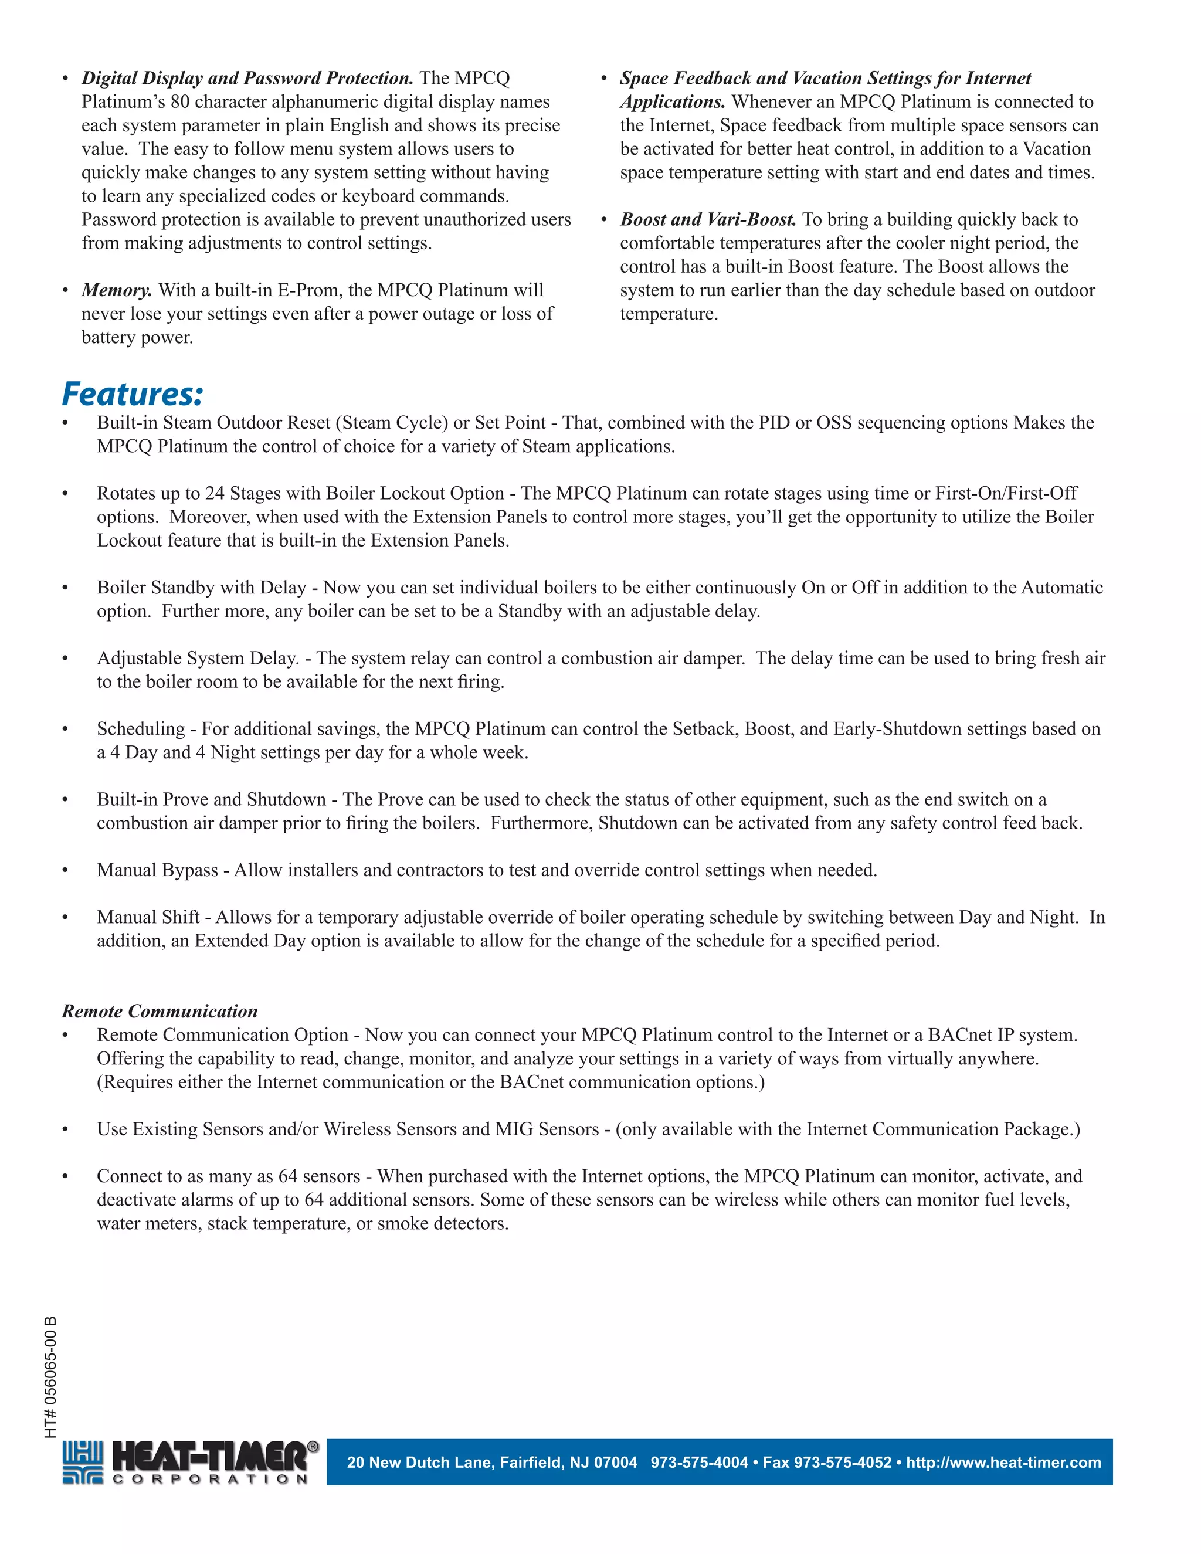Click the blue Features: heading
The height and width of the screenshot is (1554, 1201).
[133, 393]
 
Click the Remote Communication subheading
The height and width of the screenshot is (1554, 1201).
[160, 1011]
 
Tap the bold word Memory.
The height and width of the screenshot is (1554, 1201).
[117, 290]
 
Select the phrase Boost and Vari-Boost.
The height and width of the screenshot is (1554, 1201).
[708, 220]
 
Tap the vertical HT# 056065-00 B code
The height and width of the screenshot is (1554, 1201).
[50, 1377]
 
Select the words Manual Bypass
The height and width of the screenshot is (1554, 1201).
[157, 870]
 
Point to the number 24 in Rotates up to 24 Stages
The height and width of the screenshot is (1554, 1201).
[215, 494]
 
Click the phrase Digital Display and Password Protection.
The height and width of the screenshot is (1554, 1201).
[247, 78]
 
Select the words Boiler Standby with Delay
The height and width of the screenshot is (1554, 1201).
[201, 588]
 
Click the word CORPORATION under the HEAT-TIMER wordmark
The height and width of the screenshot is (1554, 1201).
[211, 1480]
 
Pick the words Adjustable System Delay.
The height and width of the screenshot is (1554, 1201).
[198, 658]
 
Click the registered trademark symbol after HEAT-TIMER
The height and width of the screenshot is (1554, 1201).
[313, 1447]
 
